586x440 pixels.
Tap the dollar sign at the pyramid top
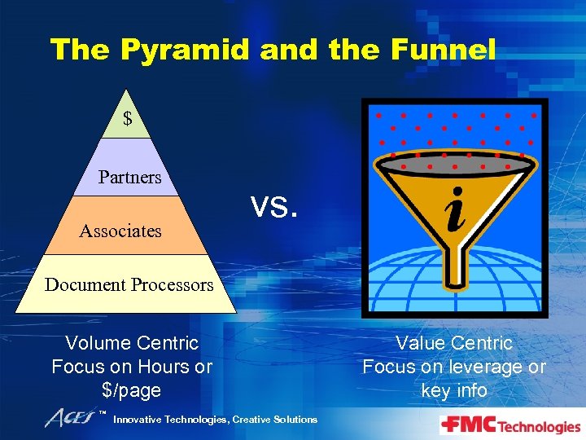coord(127,119)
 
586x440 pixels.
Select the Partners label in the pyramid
coord(129,177)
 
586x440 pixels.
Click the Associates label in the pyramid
coord(120,231)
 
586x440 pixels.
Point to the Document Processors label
coord(129,285)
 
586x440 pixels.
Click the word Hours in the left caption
coord(163,367)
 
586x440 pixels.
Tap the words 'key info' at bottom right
coord(454,390)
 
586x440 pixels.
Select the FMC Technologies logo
coord(510,425)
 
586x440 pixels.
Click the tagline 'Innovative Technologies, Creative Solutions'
coord(215,420)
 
